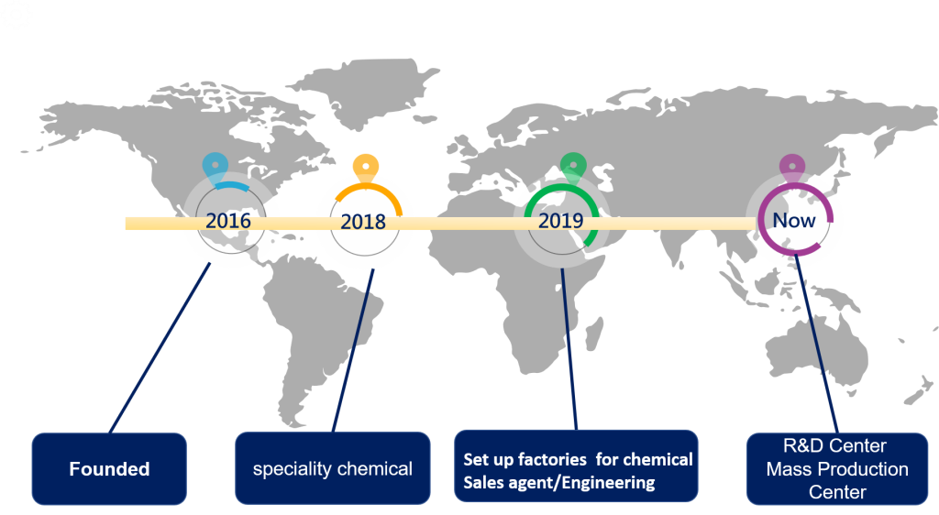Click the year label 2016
point(228,221)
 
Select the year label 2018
point(363,222)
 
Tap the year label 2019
point(560,221)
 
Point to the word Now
point(794,220)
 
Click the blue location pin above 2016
point(215,166)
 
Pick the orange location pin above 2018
point(366,168)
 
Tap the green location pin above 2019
point(573,166)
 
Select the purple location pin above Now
point(792,168)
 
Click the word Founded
point(110,469)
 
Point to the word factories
point(552,459)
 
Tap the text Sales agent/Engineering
point(559,483)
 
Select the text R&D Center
point(834,445)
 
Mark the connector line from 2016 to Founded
point(160,347)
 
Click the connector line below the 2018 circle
point(353,350)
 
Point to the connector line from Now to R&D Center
point(816,344)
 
